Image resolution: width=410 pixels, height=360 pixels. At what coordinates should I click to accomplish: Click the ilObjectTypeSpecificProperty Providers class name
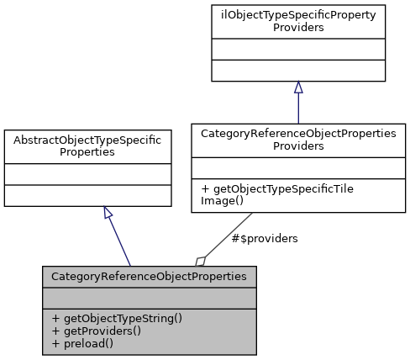(x=298, y=21)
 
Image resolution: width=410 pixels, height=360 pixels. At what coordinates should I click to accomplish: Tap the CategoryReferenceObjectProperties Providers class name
(x=298, y=139)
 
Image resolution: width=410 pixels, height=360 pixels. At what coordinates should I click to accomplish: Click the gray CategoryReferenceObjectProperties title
(x=150, y=276)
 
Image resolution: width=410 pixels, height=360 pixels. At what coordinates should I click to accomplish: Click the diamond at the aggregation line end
(x=201, y=261)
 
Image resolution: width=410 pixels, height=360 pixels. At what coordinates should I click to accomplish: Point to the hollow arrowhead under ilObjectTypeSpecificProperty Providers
(x=298, y=87)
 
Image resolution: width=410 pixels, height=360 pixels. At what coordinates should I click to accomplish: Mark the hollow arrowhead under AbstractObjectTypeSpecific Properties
(x=108, y=212)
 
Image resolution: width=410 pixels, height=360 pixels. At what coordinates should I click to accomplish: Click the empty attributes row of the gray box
(x=150, y=298)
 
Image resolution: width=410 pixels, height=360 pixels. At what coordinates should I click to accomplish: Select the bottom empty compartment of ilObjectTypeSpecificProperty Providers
(x=298, y=71)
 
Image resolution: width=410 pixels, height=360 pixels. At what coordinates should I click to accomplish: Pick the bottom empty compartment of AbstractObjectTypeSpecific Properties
(x=88, y=196)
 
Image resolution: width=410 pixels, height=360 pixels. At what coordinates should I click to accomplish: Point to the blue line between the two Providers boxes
(x=298, y=108)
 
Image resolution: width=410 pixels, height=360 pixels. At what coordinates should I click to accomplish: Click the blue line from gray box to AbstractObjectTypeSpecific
(x=119, y=240)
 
